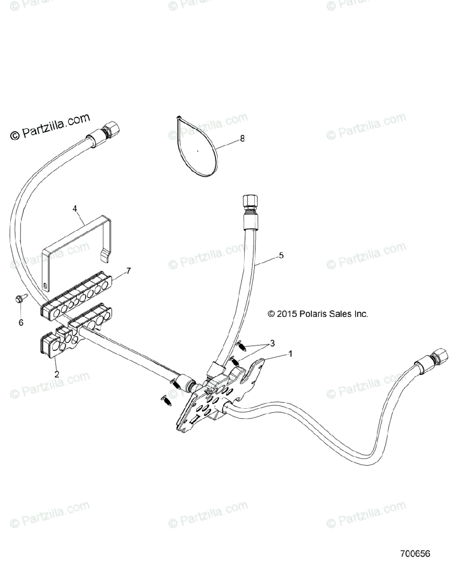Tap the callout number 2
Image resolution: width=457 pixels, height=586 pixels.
[57, 375]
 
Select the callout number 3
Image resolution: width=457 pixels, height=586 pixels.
[273, 342]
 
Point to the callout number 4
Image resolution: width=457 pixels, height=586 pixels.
[75, 209]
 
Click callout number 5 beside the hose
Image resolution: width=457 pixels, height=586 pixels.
[281, 255]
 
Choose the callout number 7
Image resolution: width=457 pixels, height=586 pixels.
[129, 270]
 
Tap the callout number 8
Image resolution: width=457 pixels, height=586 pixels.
[242, 139]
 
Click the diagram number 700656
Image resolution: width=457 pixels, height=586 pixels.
[415, 567]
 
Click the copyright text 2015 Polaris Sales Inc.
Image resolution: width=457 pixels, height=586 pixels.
[317, 314]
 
